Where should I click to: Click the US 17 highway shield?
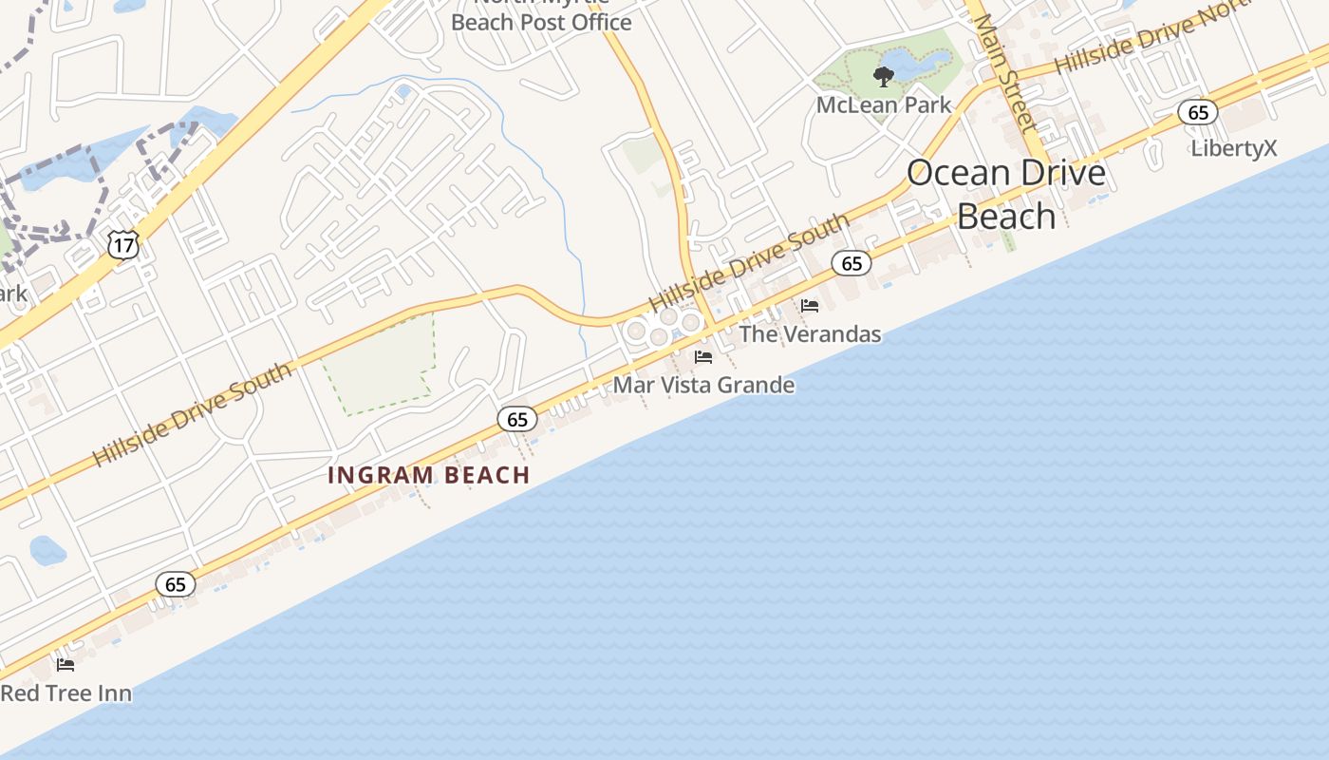[x=123, y=244]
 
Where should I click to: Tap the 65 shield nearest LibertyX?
[x=1198, y=113]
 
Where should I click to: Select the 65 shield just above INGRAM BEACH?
[x=516, y=419]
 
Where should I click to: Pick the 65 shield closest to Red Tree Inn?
[x=176, y=584]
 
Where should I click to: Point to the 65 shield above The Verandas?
[x=852, y=263]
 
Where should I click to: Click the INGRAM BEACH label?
[x=429, y=475]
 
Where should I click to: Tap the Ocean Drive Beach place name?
[x=1006, y=195]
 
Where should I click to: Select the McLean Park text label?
[x=884, y=105]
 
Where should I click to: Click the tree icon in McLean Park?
[x=884, y=76]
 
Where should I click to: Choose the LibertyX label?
[x=1234, y=148]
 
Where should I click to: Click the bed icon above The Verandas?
[x=810, y=306]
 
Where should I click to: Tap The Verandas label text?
[x=810, y=334]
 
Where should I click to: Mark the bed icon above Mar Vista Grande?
[x=703, y=357]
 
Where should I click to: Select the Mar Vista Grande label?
[x=703, y=385]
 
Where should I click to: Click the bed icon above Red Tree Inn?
[x=66, y=665]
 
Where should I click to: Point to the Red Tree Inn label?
[x=66, y=693]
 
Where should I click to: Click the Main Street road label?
[x=1004, y=71]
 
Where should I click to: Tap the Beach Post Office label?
[x=541, y=22]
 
